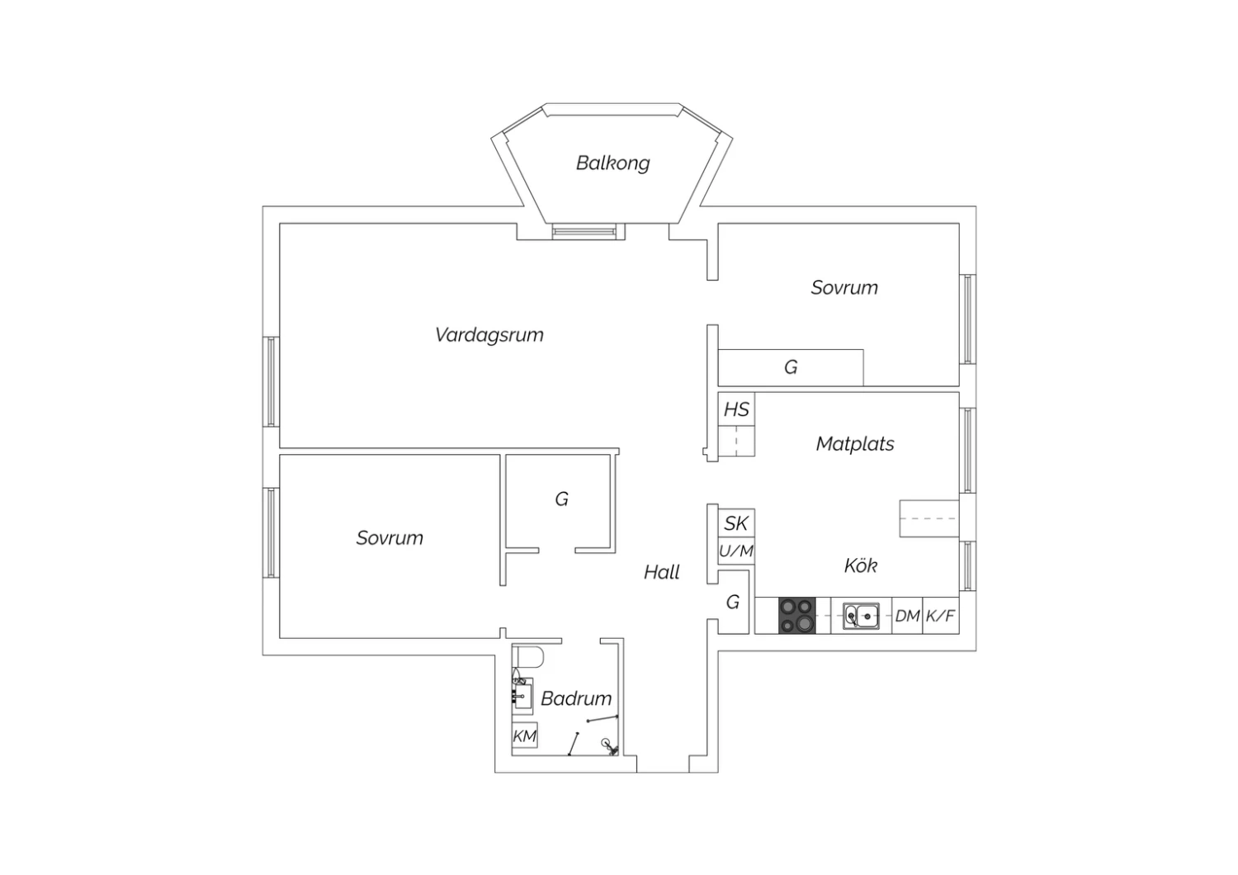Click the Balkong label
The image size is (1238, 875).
click(x=612, y=163)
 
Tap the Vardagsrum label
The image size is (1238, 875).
click(x=489, y=335)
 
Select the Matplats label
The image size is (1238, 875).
click(x=855, y=444)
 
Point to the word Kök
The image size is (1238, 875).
click(x=861, y=565)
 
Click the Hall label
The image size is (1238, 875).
click(x=662, y=572)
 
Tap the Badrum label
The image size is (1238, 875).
click(x=576, y=698)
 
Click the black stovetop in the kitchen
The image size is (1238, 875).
click(x=797, y=615)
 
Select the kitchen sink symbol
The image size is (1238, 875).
click(x=861, y=616)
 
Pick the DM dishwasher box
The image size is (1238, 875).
click(x=907, y=616)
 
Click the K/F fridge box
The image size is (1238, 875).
click(x=941, y=616)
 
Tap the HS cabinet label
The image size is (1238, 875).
click(x=736, y=409)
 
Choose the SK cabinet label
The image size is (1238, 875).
click(x=736, y=523)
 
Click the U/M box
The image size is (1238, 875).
click(x=736, y=551)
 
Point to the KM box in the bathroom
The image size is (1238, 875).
click(x=524, y=735)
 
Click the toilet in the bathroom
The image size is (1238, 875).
click(x=528, y=657)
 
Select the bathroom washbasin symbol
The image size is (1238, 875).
click(x=522, y=695)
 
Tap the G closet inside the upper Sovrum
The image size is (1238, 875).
click(x=791, y=367)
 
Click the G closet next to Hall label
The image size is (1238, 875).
click(x=733, y=602)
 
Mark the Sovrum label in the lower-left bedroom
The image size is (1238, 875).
click(x=390, y=538)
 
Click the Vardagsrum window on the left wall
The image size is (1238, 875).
click(x=271, y=381)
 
